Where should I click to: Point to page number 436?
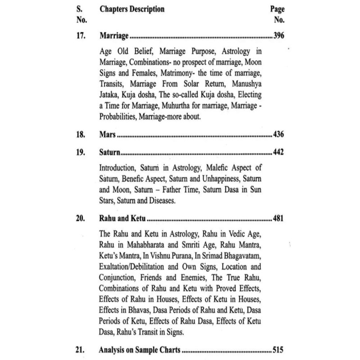(279, 135)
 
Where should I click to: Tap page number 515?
(279, 349)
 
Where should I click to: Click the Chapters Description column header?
(132, 9)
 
